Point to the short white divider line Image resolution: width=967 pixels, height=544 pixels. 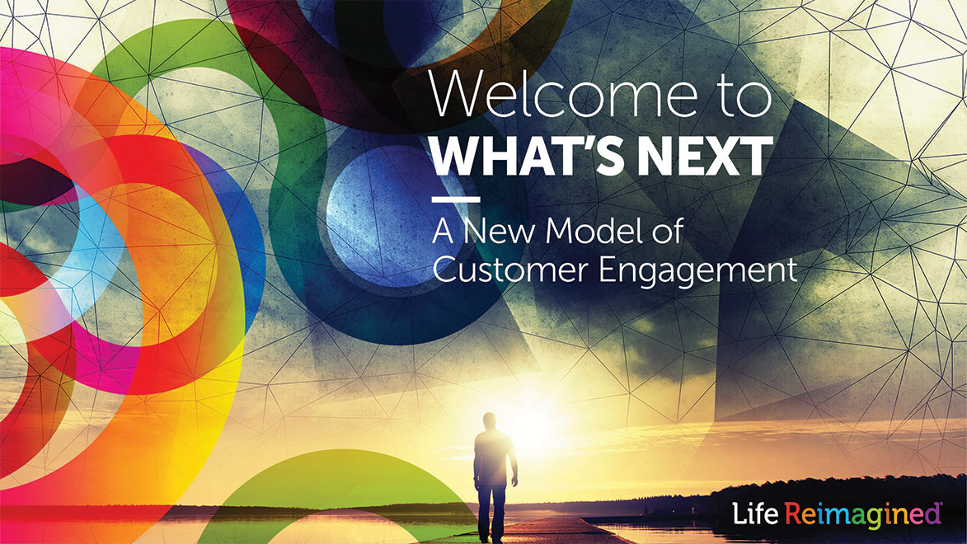(455, 199)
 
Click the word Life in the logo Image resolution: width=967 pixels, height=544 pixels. (755, 514)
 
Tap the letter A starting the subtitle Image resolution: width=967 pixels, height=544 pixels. (444, 231)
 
